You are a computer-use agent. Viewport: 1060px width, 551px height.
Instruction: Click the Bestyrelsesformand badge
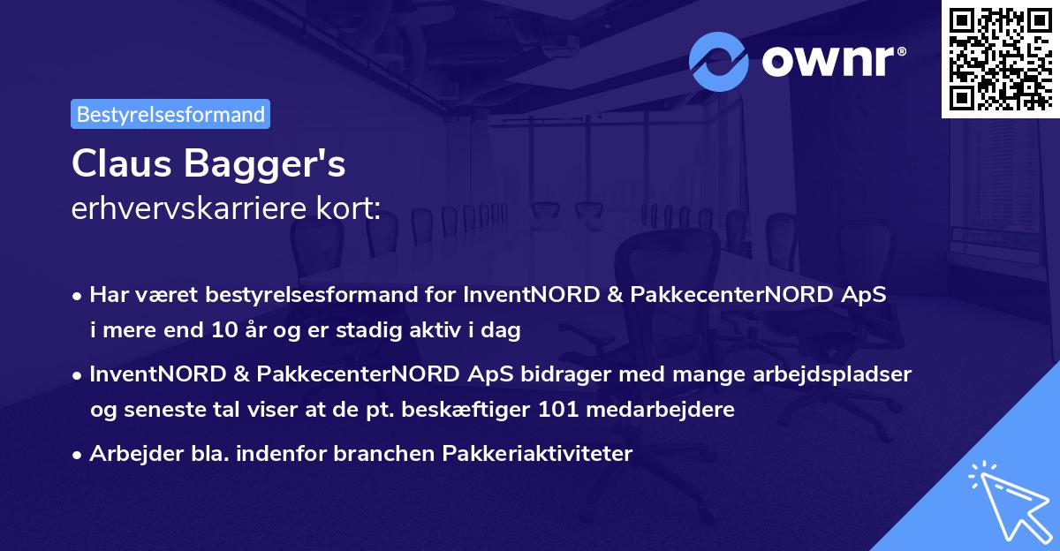click(170, 114)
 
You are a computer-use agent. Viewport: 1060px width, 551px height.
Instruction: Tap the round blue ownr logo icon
click(719, 62)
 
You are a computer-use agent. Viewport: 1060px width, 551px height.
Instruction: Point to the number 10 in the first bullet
click(222, 331)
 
